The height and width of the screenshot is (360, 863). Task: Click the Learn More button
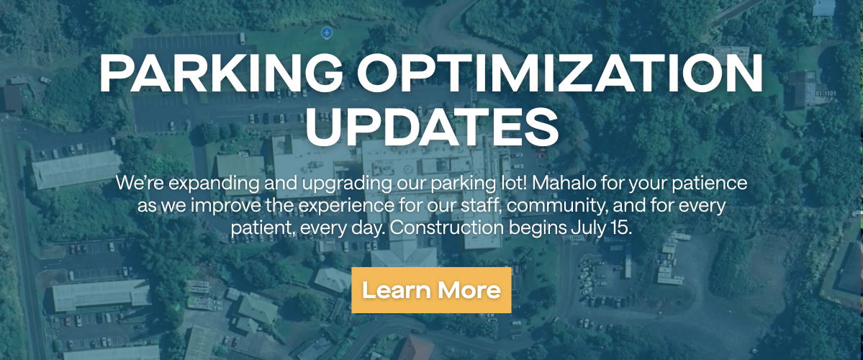431,290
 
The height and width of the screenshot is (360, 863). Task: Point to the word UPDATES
431,127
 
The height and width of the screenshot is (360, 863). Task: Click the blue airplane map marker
326,33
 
